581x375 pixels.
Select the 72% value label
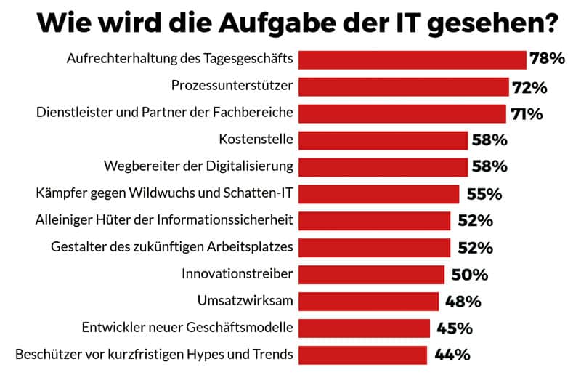(529, 87)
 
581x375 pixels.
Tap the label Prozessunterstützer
(232, 86)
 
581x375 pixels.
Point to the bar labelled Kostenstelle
(383, 140)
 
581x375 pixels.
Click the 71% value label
(525, 114)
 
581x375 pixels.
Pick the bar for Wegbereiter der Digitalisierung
(383, 166)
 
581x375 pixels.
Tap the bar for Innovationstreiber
(371, 274)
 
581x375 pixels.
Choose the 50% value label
(470, 275)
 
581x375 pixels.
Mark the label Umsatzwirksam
(245, 301)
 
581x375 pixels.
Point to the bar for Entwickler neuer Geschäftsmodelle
(364, 328)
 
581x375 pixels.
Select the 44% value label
(452, 355)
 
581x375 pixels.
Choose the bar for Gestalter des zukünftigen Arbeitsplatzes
(374, 247)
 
